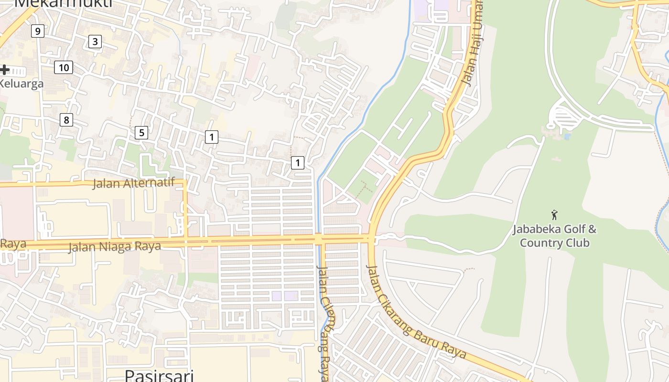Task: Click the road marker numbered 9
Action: click(37, 32)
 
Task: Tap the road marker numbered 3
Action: click(95, 42)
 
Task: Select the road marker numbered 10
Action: click(64, 68)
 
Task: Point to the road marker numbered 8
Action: click(66, 119)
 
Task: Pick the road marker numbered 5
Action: click(141, 132)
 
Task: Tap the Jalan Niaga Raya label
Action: click(114, 246)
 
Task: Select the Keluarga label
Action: click(21, 84)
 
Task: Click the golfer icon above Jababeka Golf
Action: click(554, 215)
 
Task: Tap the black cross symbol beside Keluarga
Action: click(4, 70)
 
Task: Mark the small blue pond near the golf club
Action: click(567, 136)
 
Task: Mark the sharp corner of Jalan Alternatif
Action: click(185, 181)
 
